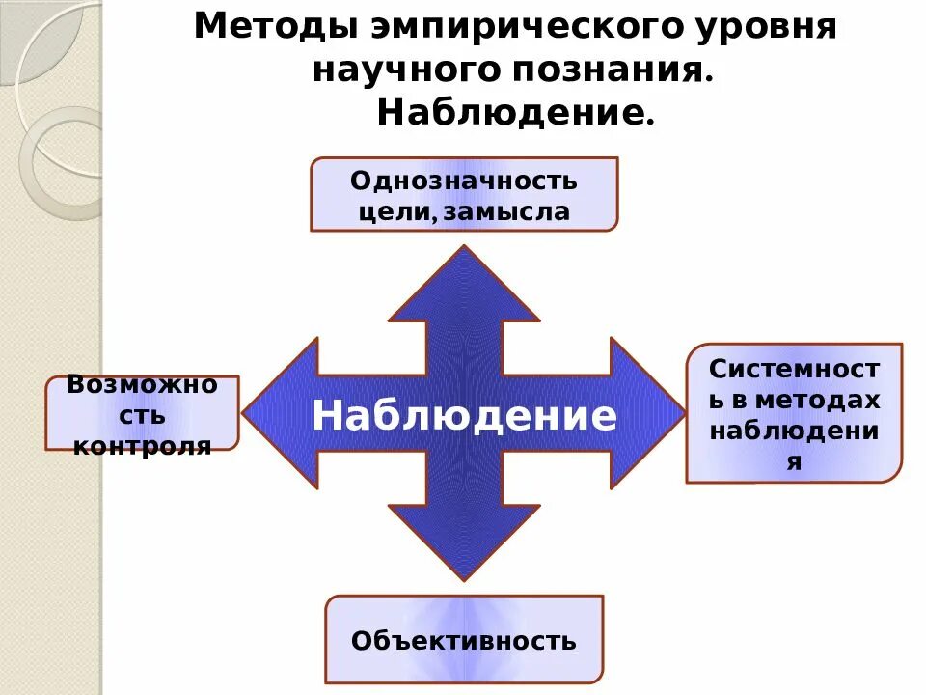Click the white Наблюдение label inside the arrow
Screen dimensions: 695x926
[464, 415]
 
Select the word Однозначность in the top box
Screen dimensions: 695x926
[464, 181]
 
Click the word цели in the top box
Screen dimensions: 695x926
[392, 211]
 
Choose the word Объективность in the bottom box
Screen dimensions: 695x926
[464, 640]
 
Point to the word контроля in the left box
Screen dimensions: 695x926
[143, 446]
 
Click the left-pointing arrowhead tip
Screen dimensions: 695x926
[245, 413]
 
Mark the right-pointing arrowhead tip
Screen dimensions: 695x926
[683, 413]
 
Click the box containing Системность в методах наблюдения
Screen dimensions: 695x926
[794, 412]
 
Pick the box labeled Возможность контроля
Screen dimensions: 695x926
[143, 413]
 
